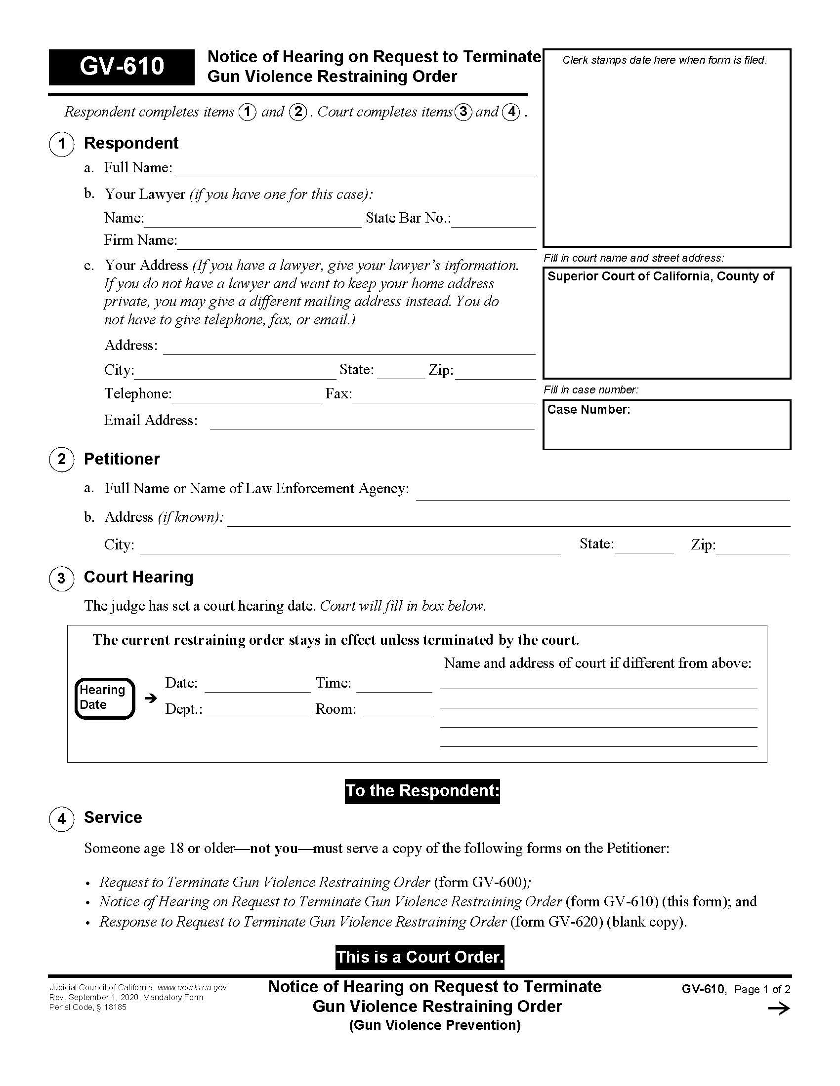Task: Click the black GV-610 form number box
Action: coord(122,67)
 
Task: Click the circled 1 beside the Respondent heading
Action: coord(62,144)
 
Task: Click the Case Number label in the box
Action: coord(588,410)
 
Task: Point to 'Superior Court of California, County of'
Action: coord(660,276)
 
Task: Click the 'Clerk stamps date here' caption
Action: coord(664,60)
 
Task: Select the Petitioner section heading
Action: coord(122,459)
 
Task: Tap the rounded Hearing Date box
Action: coord(104,698)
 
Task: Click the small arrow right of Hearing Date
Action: coord(150,698)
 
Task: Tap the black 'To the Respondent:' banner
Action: coord(422,791)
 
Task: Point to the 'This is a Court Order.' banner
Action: coord(420,957)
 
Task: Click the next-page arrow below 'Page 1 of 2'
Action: coord(779,1008)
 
